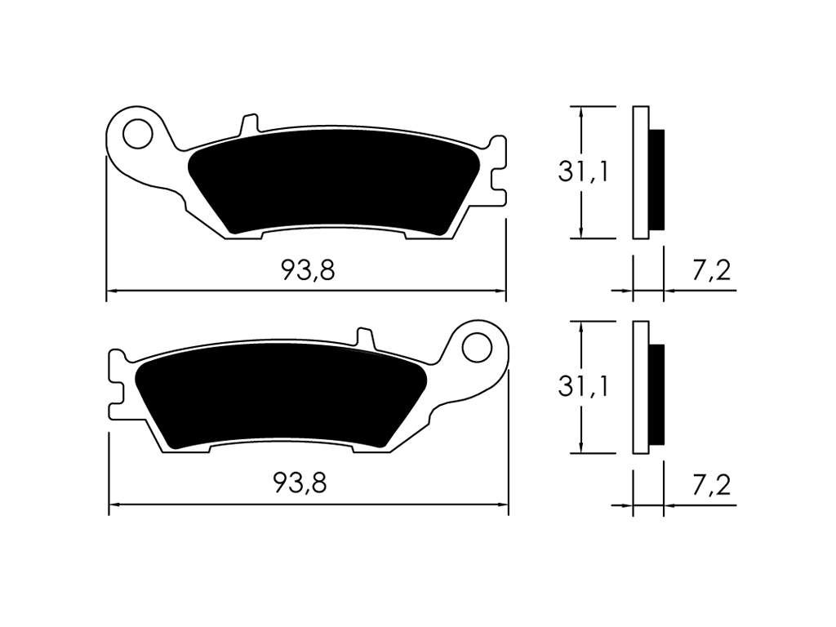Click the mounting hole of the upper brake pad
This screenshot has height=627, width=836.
tap(137, 134)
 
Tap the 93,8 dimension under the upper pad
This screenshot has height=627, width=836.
tap(308, 270)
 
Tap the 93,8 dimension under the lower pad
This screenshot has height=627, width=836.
tap(300, 483)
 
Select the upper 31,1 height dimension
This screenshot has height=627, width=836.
tap(583, 171)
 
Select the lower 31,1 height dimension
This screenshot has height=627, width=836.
tap(583, 386)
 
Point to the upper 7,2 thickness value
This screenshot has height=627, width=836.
tap(711, 271)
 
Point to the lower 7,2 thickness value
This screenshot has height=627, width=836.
tap(711, 485)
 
